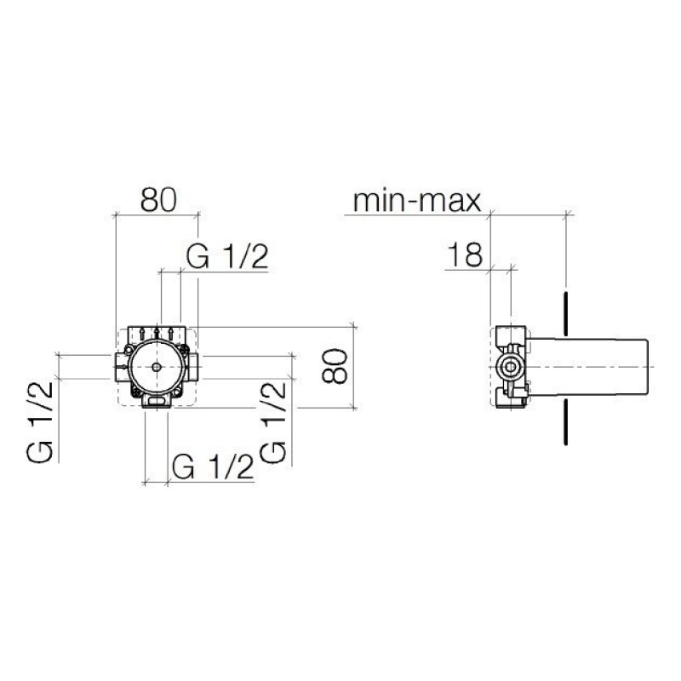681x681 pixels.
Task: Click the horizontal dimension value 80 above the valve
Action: pyautogui.click(x=158, y=200)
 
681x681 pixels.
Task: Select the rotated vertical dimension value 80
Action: pyautogui.click(x=335, y=366)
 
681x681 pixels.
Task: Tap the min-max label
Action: pyautogui.click(x=417, y=201)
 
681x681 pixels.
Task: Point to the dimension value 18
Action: pyautogui.click(x=465, y=255)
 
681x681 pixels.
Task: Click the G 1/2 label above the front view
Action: pyautogui.click(x=227, y=256)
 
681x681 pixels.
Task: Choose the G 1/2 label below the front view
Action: pyautogui.click(x=213, y=467)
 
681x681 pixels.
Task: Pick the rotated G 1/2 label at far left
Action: pyautogui.click(x=40, y=422)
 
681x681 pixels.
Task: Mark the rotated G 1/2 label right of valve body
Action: pyautogui.click(x=273, y=422)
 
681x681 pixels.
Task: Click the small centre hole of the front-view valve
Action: pyautogui.click(x=157, y=368)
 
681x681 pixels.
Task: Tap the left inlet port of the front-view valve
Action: pyautogui.click(x=121, y=368)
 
